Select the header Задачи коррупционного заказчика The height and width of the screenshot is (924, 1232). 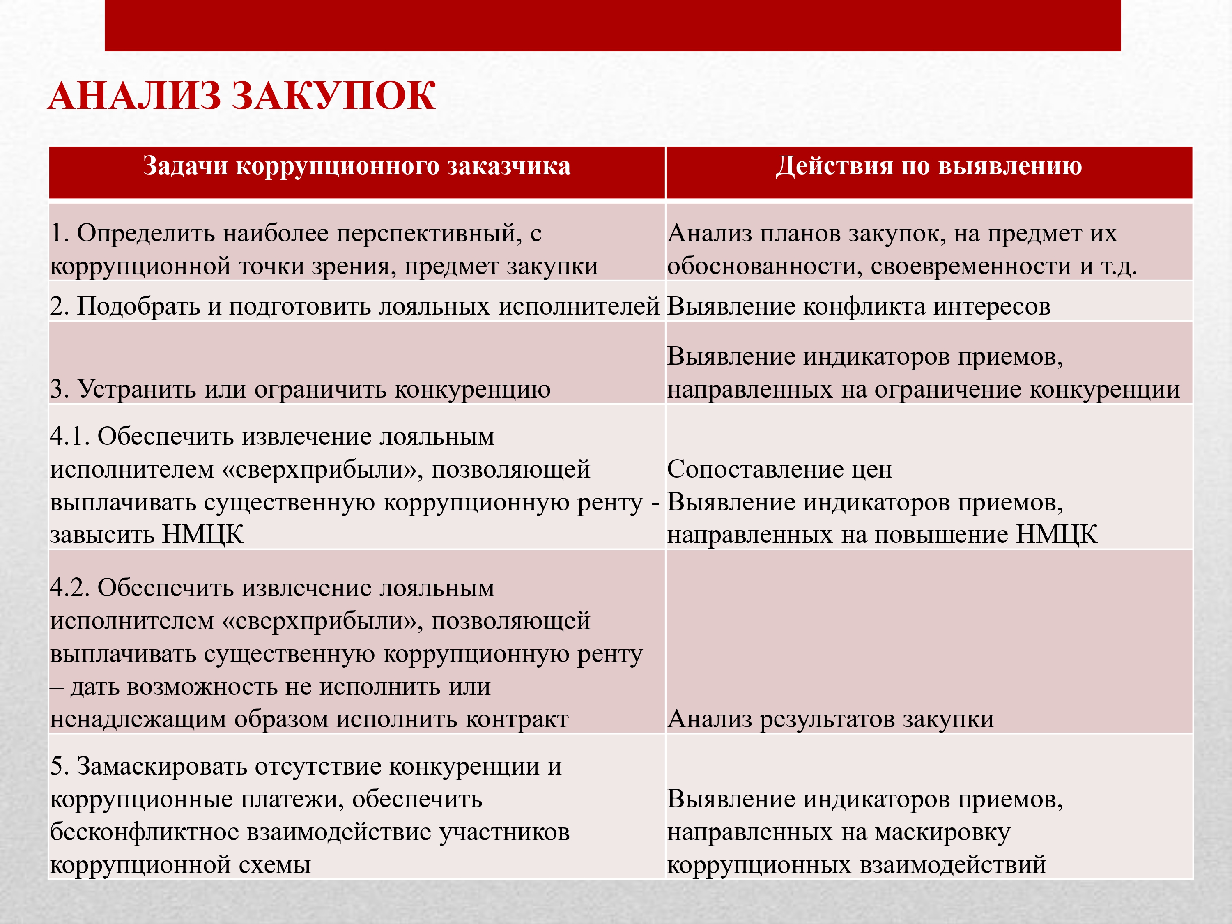coord(356,166)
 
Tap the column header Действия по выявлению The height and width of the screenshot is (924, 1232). coord(929,166)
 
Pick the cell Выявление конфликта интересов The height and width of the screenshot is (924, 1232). coord(858,306)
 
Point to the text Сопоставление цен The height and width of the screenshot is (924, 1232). coord(779,469)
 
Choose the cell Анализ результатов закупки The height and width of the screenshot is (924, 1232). coord(830,719)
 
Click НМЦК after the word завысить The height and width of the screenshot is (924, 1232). coord(203,535)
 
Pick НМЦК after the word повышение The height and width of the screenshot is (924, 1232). coord(1057,535)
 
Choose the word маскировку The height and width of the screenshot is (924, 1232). coord(942,832)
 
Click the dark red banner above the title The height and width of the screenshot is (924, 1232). coord(613,25)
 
